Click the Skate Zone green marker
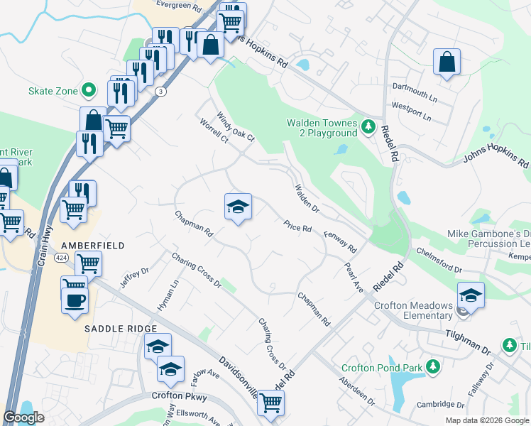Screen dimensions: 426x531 coord(89,90)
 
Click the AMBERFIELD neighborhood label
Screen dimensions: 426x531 coord(93,246)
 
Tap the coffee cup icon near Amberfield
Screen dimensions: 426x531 coord(74,300)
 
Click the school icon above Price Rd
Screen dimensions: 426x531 coord(239,207)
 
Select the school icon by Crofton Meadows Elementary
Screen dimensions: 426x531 coord(471,294)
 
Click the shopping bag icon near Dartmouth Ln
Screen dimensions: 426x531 coord(447,62)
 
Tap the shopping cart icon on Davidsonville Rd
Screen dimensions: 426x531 coord(270,403)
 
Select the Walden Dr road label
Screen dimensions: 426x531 coord(307,198)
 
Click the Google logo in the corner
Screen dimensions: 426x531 coord(24,417)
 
